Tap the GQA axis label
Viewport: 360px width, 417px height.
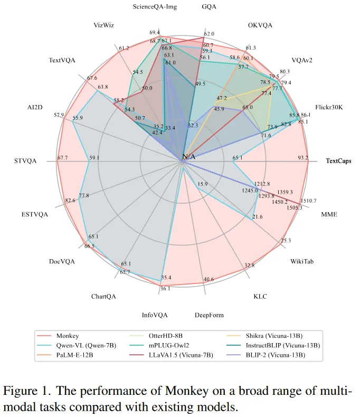[209, 7]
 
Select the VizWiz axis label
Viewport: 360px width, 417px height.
[104, 24]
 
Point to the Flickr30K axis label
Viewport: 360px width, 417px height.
[329, 107]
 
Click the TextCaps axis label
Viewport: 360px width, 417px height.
[338, 160]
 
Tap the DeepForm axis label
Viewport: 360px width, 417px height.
[209, 315]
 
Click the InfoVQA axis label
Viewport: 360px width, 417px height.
[155, 315]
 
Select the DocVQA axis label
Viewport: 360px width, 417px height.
[62, 261]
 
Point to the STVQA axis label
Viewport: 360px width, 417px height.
[25, 160]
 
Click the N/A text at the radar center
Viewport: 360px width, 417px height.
[188, 157]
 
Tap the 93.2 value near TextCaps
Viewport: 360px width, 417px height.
[303, 157]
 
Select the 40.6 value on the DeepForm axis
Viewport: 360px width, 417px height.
[209, 279]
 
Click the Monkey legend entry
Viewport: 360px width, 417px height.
[67, 335]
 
